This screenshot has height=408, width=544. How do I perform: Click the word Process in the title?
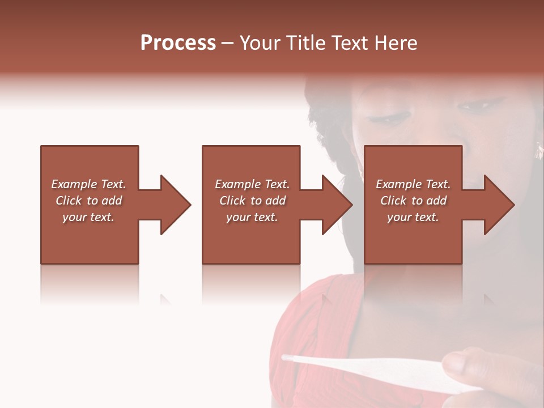click(x=178, y=43)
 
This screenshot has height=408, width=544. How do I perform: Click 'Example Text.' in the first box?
click(x=88, y=184)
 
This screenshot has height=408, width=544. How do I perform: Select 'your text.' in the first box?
click(x=88, y=217)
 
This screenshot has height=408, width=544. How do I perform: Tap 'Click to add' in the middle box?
click(x=252, y=201)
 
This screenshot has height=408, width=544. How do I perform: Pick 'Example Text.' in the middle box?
click(x=252, y=184)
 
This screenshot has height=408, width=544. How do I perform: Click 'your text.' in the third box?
click(x=413, y=217)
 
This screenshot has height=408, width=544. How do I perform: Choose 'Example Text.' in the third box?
click(x=413, y=184)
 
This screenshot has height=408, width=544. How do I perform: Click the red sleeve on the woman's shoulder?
click(x=306, y=329)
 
